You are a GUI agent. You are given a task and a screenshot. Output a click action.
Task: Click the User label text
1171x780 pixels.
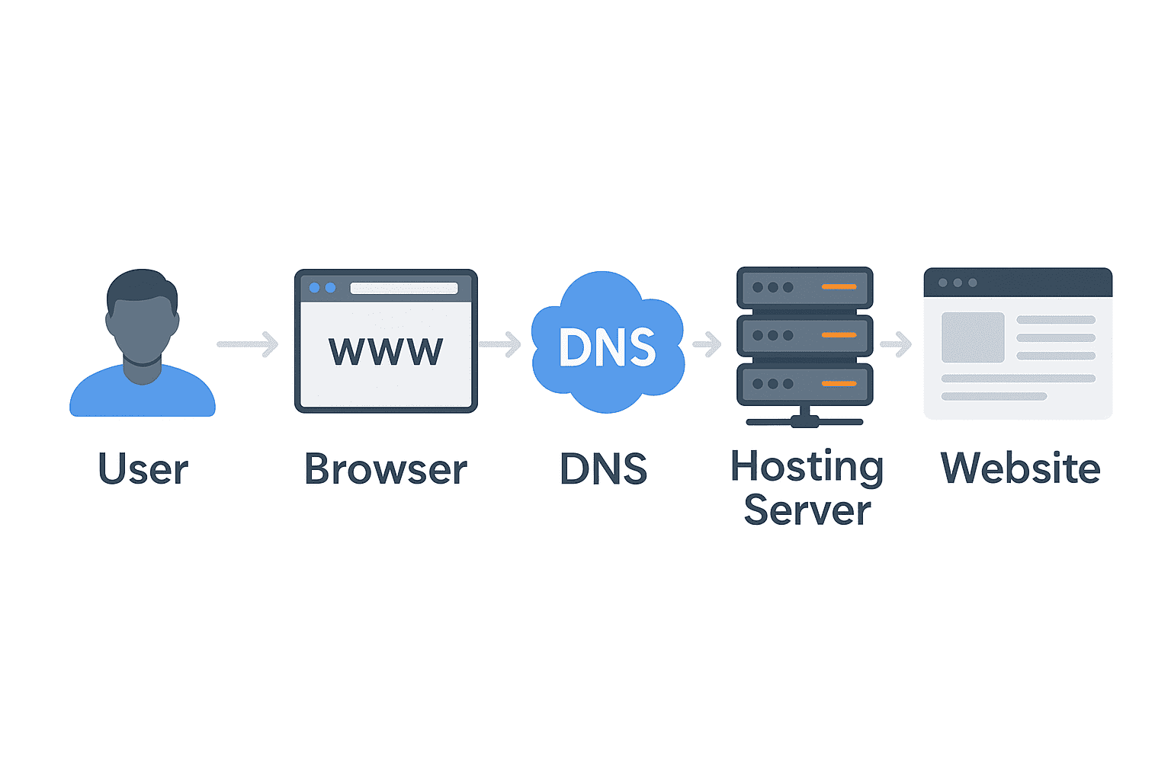point(143,469)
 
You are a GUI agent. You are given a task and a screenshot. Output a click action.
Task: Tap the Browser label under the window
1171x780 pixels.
point(386,469)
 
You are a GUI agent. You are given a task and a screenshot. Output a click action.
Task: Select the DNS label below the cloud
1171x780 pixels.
point(603,469)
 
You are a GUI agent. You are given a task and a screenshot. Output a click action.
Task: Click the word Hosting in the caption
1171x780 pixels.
point(807,466)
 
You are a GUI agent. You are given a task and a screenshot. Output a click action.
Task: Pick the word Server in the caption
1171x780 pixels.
point(807,510)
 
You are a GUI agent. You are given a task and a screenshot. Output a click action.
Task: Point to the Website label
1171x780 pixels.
point(1020,468)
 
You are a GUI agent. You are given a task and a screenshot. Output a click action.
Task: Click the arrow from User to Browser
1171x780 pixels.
point(249,344)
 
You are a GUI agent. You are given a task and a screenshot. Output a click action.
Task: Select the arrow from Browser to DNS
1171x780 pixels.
point(500,344)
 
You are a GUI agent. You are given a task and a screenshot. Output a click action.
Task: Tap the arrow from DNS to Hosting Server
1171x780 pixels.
point(707,344)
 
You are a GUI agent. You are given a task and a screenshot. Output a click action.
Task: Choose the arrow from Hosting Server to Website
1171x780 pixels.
point(897,344)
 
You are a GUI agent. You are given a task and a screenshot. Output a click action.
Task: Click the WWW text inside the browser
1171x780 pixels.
point(386,351)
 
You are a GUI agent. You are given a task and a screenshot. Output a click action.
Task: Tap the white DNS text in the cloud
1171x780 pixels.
point(607,347)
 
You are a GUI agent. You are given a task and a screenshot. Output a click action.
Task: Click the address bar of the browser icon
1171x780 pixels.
point(403,288)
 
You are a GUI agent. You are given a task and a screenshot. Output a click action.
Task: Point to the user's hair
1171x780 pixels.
point(141,286)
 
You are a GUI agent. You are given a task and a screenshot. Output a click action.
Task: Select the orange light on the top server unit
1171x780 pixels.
point(839,287)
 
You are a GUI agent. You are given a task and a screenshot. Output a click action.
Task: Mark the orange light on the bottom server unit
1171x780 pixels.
point(839,384)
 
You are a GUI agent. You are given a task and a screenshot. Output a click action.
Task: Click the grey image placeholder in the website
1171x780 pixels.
point(973,337)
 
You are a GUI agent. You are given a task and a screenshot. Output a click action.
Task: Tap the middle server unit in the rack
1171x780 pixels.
point(804,336)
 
